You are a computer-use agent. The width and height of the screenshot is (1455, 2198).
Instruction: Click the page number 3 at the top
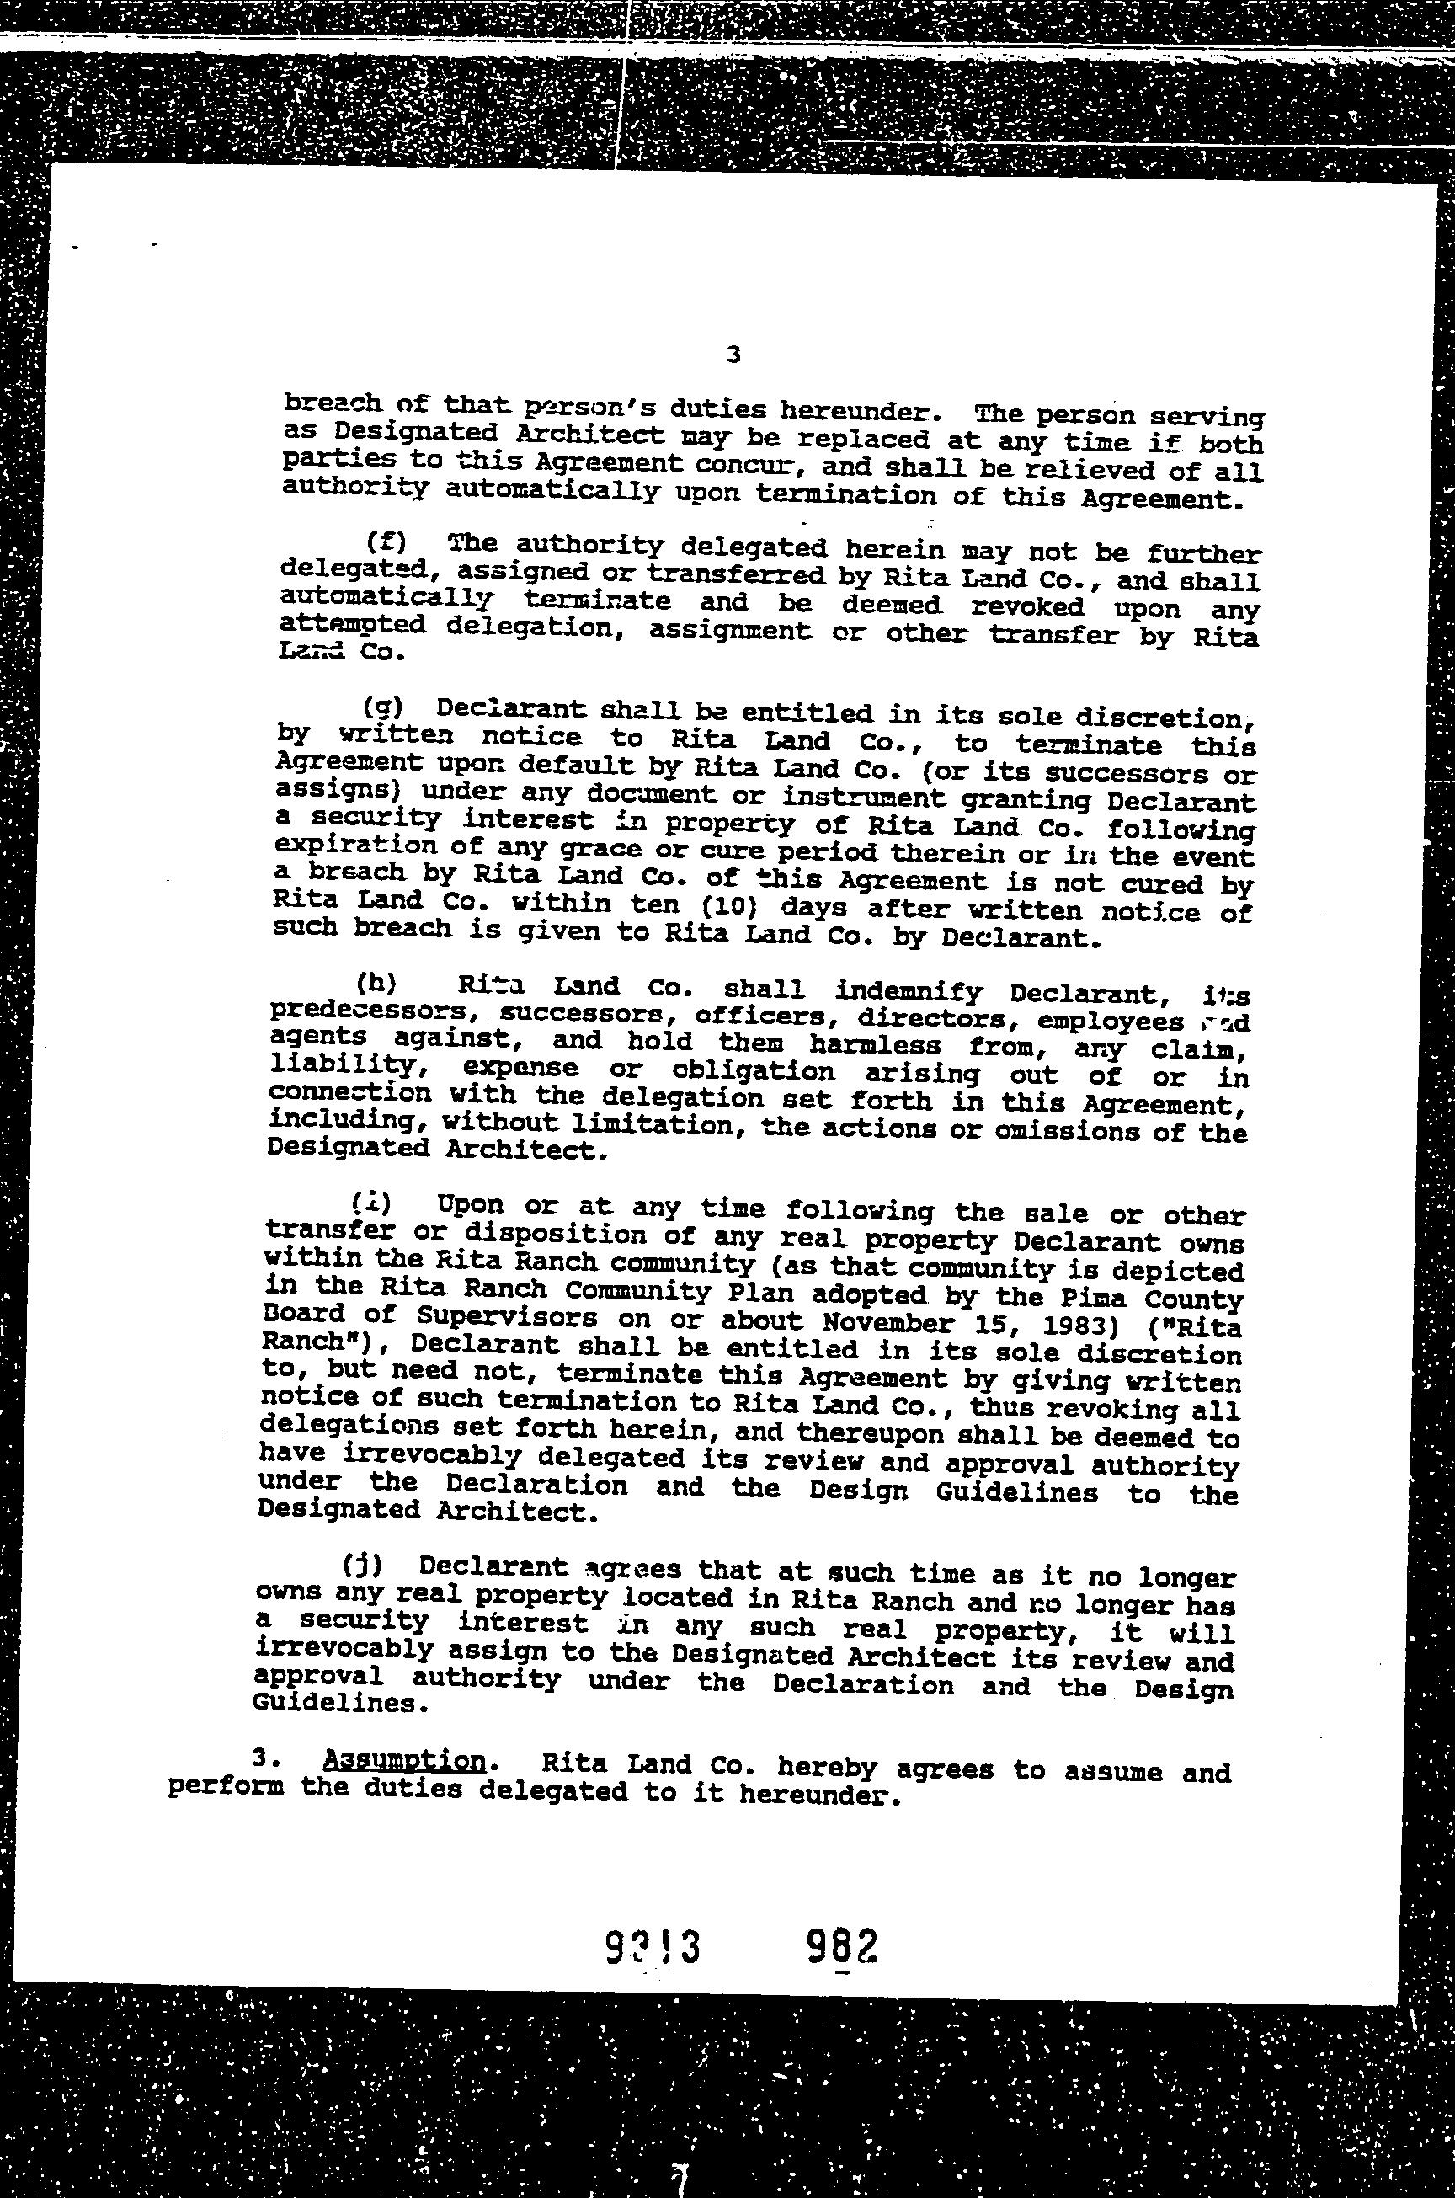click(734, 354)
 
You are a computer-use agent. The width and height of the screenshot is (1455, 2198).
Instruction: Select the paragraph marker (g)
click(381, 707)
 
